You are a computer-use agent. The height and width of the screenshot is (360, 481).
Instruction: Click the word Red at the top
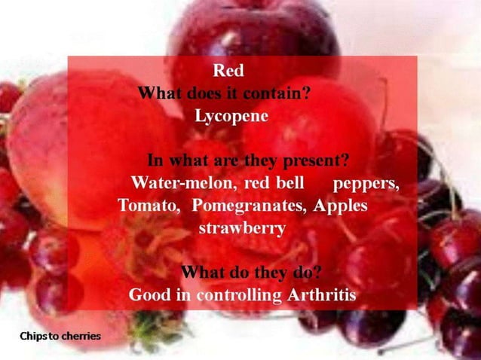click(x=228, y=72)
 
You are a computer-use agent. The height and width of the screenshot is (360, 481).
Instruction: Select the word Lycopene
click(x=231, y=117)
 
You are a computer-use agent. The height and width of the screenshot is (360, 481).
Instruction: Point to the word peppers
click(x=366, y=184)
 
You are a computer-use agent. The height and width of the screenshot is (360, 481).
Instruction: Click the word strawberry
click(x=241, y=227)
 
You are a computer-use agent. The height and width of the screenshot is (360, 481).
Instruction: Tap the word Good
click(x=150, y=294)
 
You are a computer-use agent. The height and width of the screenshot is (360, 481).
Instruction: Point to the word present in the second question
click(x=314, y=160)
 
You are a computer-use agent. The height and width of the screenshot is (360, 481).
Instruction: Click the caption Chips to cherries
click(x=60, y=335)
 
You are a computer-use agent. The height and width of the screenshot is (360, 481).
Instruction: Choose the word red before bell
click(x=256, y=183)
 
